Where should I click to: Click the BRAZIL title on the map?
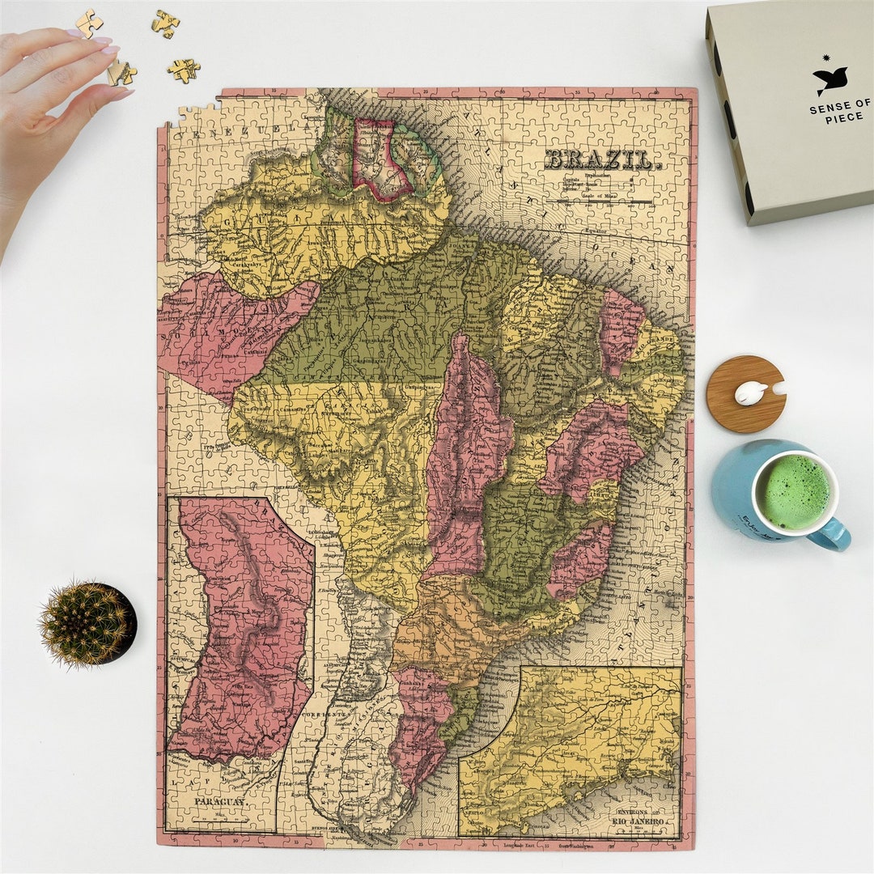click(602, 159)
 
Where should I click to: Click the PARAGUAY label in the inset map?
click(220, 801)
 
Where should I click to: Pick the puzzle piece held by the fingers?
click(121, 74)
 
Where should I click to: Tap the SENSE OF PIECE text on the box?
click(840, 111)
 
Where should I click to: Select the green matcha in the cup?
click(793, 492)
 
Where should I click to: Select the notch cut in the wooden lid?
click(779, 388)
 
